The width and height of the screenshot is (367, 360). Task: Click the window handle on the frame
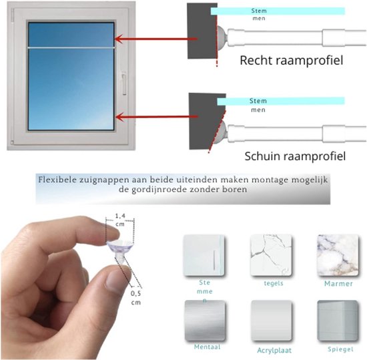click(x=124, y=83)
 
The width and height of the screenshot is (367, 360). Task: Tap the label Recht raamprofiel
click(x=292, y=60)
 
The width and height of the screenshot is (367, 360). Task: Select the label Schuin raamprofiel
click(x=295, y=156)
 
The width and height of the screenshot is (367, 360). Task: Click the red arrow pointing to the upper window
click(x=156, y=39)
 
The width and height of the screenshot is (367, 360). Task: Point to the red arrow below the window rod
click(x=157, y=117)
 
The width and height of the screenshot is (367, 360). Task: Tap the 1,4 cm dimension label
click(x=120, y=220)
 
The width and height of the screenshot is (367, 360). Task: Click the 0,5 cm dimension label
click(x=135, y=298)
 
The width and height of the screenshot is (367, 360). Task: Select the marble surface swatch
click(x=338, y=255)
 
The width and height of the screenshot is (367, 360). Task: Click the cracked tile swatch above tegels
click(x=271, y=255)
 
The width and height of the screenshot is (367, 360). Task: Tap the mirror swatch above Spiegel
click(x=338, y=321)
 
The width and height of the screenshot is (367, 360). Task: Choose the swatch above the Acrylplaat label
click(x=272, y=321)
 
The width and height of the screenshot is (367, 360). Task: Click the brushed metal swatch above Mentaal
click(x=205, y=321)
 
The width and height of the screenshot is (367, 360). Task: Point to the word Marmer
click(x=338, y=284)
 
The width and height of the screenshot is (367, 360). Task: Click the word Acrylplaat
click(x=274, y=351)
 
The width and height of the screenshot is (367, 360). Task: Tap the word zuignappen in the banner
click(x=104, y=180)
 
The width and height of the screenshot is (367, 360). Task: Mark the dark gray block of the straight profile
click(x=202, y=31)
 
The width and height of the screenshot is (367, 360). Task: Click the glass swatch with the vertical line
click(x=204, y=255)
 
